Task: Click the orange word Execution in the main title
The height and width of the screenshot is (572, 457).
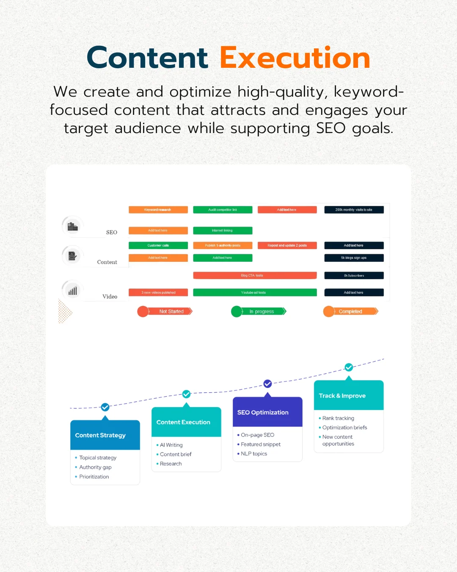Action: (295, 58)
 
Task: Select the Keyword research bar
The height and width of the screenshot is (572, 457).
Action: (158, 210)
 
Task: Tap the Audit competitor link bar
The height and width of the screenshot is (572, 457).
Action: (223, 210)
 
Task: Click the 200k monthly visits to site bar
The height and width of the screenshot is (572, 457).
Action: (354, 210)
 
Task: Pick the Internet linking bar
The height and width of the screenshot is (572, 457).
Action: (223, 230)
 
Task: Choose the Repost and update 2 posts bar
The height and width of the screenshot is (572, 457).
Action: (287, 245)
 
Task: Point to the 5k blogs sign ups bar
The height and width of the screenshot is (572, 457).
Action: (354, 258)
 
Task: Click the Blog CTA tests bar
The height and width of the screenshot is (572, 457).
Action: (255, 275)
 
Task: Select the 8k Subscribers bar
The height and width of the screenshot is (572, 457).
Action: (354, 275)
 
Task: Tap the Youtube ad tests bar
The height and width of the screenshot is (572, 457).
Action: (255, 292)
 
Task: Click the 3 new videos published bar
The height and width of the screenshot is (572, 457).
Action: (158, 292)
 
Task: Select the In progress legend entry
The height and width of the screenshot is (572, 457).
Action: (259, 311)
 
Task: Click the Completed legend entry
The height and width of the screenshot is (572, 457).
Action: (351, 311)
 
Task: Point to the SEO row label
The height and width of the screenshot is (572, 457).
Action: (112, 232)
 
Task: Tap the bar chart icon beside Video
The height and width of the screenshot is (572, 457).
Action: (73, 291)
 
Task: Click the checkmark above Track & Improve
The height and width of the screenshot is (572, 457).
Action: (349, 367)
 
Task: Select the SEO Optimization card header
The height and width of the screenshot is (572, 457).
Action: (267, 412)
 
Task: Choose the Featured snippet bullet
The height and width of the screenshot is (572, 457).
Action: (261, 444)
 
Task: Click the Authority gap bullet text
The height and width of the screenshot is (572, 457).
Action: (95, 467)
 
